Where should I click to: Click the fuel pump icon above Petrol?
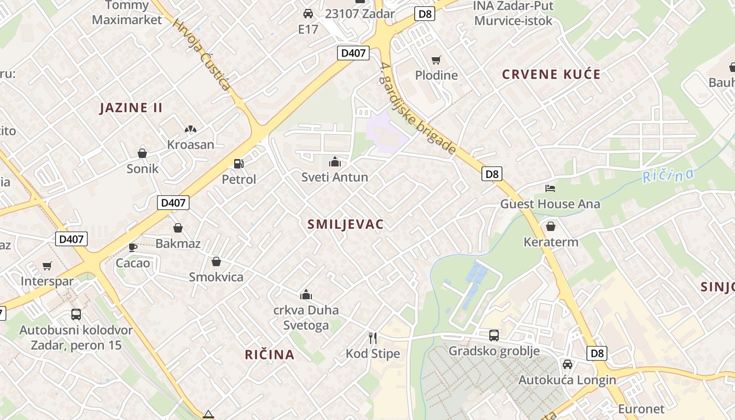point(238,163)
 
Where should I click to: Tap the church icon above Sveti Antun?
point(334,162)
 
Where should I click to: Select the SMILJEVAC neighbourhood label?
point(345,225)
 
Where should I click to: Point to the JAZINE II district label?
point(131,108)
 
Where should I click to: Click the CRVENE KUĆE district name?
point(551,75)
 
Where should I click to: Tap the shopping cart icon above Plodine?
point(436,60)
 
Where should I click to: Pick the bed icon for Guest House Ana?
point(550,188)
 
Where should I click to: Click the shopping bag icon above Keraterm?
point(551,226)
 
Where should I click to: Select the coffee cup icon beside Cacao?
point(133,247)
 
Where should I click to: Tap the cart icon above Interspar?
point(47,266)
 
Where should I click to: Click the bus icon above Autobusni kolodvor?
point(76,314)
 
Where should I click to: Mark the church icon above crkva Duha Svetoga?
point(306,295)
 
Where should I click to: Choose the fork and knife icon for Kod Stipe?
point(373,338)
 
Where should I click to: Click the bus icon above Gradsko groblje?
point(493,335)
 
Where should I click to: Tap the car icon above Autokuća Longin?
point(567,364)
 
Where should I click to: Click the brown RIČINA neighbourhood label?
point(269,355)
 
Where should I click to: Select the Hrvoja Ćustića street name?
point(202,55)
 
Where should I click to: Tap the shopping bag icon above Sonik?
point(142,153)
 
